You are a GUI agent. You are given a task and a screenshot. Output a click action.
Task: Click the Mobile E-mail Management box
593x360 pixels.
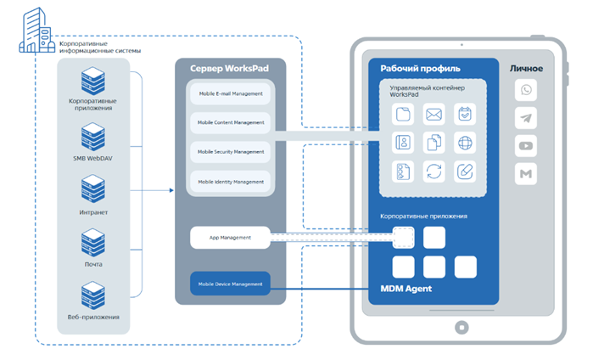[x=231, y=93]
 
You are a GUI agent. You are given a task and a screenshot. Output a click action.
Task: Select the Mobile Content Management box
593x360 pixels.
[x=231, y=122]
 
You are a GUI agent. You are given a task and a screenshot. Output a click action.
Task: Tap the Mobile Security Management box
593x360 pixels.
[x=231, y=152]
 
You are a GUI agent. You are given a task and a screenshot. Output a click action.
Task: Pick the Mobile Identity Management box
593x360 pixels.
[x=231, y=182]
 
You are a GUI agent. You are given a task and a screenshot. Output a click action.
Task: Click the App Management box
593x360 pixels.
[x=230, y=238]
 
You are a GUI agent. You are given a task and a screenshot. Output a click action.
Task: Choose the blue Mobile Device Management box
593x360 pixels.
[x=230, y=284]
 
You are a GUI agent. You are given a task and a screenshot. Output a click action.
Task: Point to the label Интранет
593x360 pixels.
[x=93, y=211]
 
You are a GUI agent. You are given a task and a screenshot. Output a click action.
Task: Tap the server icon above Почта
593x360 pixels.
[x=93, y=243]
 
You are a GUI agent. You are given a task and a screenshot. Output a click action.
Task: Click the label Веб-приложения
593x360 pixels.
[x=94, y=317]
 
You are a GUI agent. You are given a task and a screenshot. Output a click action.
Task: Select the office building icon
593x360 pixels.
[x=35, y=31]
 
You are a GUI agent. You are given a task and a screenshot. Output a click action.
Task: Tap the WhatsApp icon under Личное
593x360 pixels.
[x=526, y=91]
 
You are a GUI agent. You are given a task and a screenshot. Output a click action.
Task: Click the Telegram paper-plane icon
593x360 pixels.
[x=526, y=119]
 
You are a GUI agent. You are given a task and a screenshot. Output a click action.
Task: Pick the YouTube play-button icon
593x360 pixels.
[x=526, y=147]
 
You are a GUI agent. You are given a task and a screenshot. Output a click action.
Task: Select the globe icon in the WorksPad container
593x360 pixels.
[x=464, y=142]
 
